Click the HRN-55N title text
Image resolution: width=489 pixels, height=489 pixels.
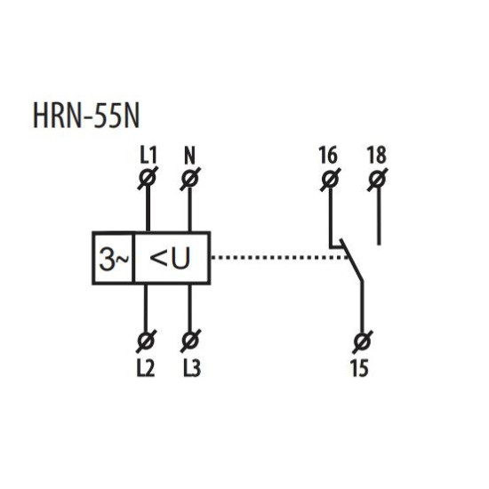click(x=85, y=116)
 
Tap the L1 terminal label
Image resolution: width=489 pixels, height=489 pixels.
click(x=148, y=155)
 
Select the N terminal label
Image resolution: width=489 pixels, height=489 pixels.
click(x=189, y=155)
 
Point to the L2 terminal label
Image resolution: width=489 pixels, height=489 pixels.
click(x=146, y=368)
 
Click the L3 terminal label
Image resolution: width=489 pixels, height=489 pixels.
click(x=192, y=368)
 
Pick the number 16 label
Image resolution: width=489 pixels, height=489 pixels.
click(x=328, y=155)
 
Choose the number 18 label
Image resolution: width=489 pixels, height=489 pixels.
click(x=377, y=155)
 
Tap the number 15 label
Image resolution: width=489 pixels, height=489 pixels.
click(x=359, y=368)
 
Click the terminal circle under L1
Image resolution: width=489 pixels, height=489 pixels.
click(x=148, y=179)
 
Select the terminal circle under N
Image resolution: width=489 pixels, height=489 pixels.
click(x=190, y=179)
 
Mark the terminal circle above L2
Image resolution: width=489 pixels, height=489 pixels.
click(x=146, y=341)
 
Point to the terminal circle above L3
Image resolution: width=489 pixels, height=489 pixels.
click(x=190, y=341)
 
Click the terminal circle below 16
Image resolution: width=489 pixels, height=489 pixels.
click(x=330, y=180)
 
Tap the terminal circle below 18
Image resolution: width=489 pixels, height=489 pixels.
click(x=377, y=180)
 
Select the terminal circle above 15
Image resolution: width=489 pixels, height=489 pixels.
click(x=363, y=341)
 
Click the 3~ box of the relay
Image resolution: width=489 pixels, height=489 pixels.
click(x=113, y=258)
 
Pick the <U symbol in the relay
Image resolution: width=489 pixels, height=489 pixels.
click(x=170, y=258)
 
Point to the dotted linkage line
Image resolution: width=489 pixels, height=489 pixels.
click(x=280, y=258)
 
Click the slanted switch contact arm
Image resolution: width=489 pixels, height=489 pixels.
click(x=352, y=261)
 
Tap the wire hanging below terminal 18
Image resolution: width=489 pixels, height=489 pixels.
click(x=379, y=217)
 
